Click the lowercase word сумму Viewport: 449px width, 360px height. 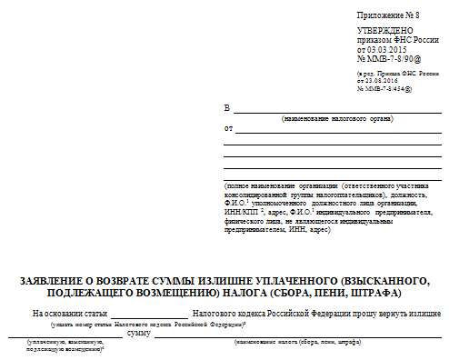coord(138,335)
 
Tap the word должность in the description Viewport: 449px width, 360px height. coord(417,194)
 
